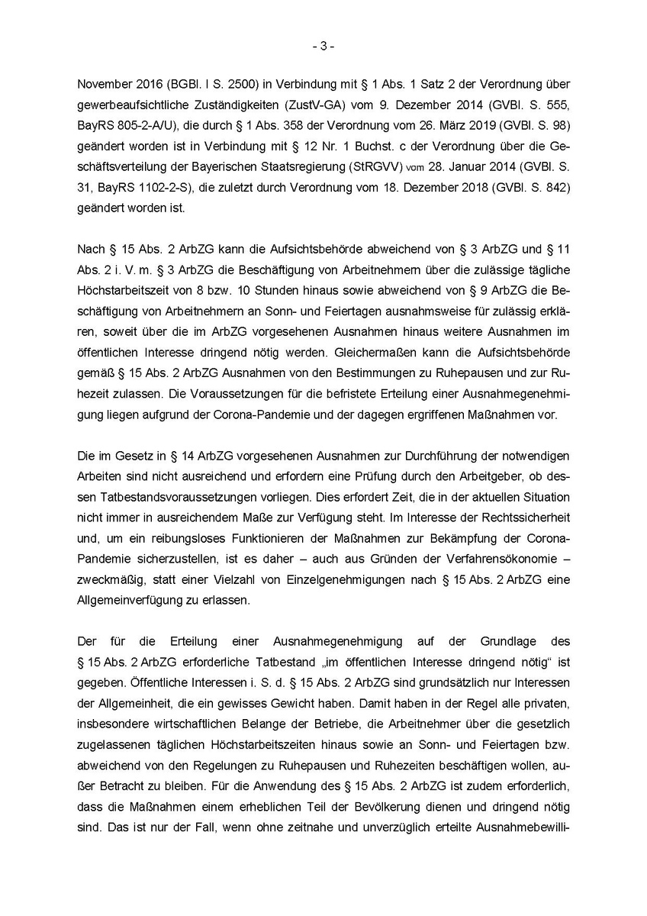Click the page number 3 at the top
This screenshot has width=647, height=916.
click(323, 46)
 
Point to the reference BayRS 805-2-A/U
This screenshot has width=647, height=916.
click(127, 124)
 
